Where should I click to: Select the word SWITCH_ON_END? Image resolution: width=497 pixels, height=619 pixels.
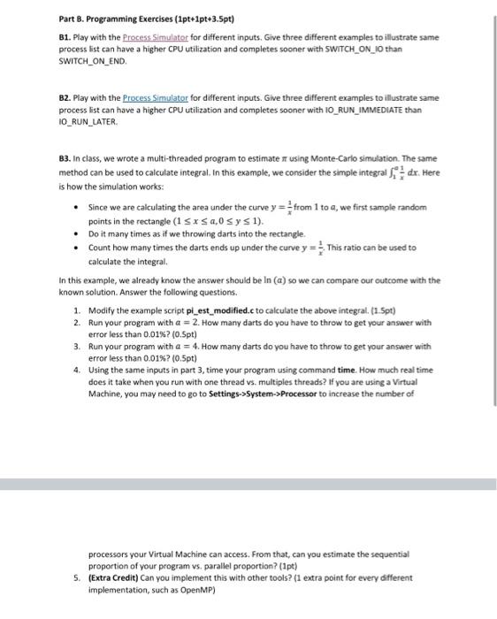click(93, 63)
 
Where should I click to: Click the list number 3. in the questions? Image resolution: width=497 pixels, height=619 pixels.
click(77, 347)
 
